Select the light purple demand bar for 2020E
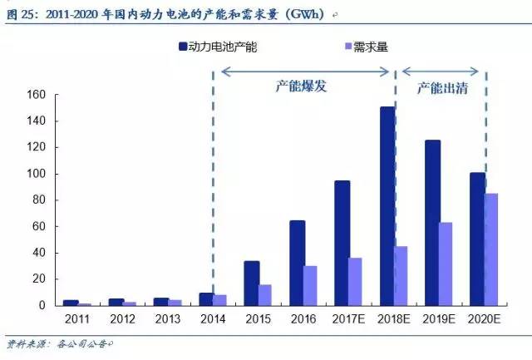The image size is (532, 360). pos(490,249)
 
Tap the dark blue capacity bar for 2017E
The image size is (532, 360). pos(342,243)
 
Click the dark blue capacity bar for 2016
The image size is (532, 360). pos(297,263)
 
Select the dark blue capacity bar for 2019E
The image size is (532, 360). pos(432,223)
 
